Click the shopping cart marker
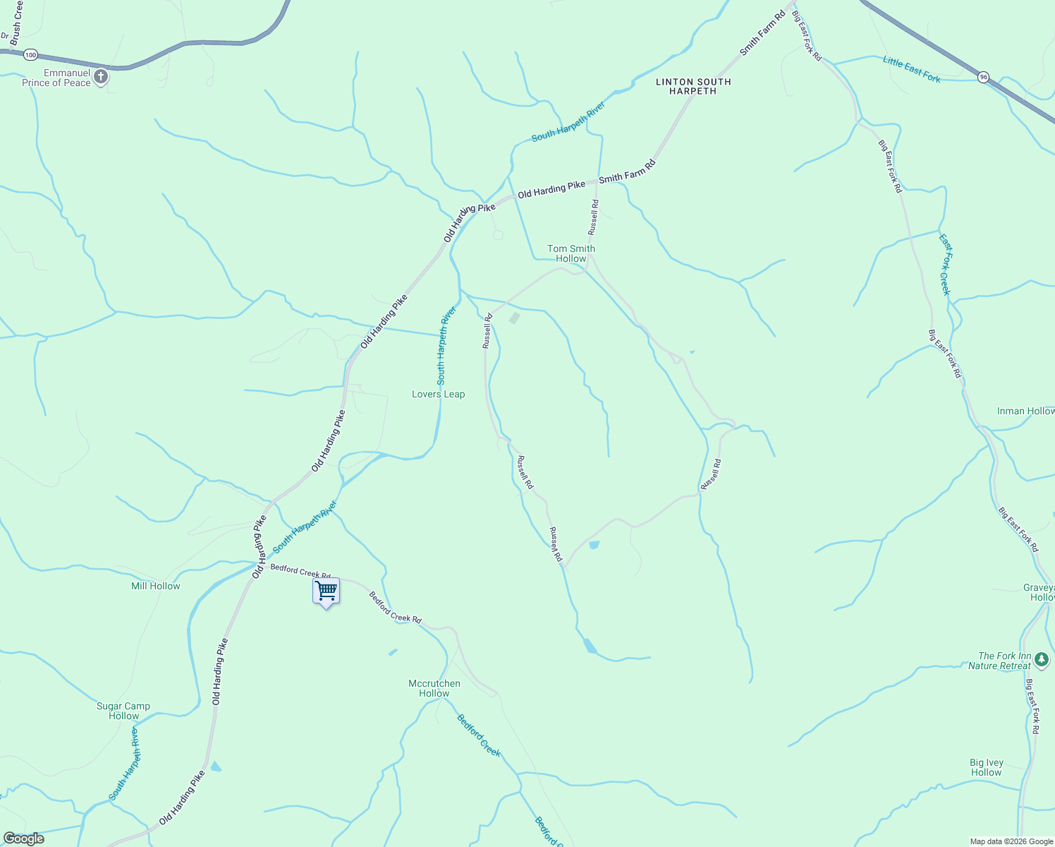pyautogui.click(x=327, y=591)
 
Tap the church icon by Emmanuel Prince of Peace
pyautogui.click(x=101, y=77)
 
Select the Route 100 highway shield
pyautogui.click(x=30, y=54)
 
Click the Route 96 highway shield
pyautogui.click(x=984, y=76)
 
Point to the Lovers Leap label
pyautogui.click(x=438, y=395)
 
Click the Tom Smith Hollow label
pyautogui.click(x=571, y=253)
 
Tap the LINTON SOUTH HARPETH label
pyautogui.click(x=693, y=86)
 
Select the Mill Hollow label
pyautogui.click(x=156, y=586)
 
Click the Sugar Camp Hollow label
pyautogui.click(x=123, y=711)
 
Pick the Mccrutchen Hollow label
pyautogui.click(x=434, y=688)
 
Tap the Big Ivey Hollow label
pyautogui.click(x=986, y=767)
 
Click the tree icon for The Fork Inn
pyautogui.click(x=1042, y=660)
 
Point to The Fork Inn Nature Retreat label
pyautogui.click(x=999, y=661)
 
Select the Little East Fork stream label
pyautogui.click(x=912, y=70)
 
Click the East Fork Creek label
pyautogui.click(x=945, y=265)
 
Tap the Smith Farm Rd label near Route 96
pyautogui.click(x=762, y=34)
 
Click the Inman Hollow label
pyautogui.click(x=1025, y=411)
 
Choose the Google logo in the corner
pyautogui.click(x=23, y=839)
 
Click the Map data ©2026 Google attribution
pyautogui.click(x=1011, y=841)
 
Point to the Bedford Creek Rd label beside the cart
pyautogui.click(x=300, y=571)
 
